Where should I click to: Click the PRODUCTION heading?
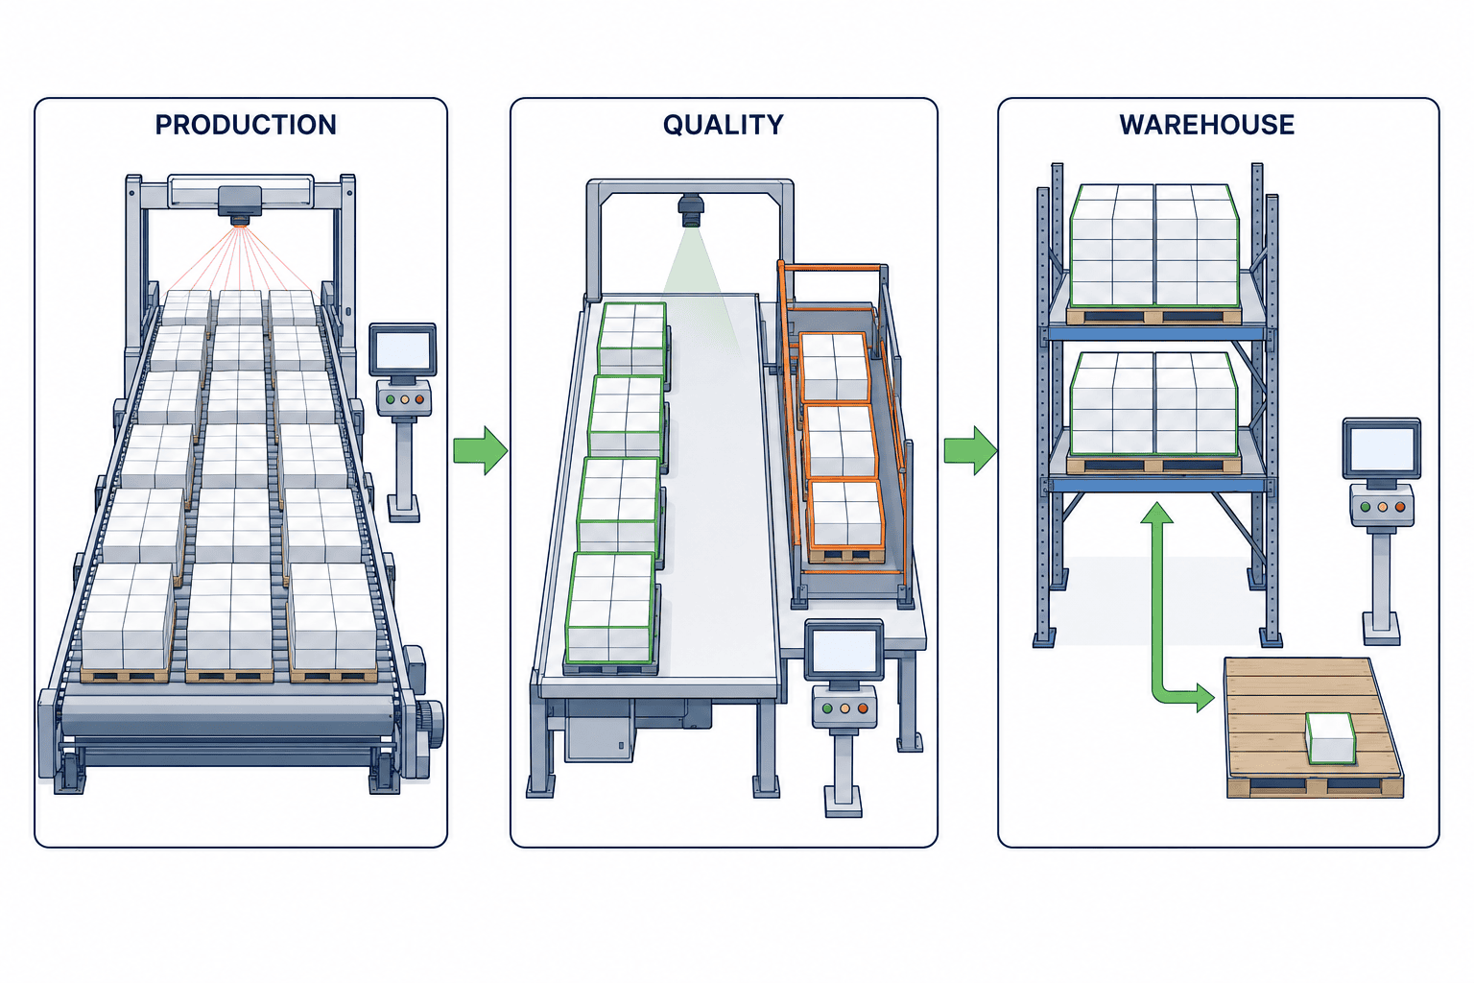246,125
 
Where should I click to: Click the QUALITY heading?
724,125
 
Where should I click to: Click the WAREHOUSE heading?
1207,125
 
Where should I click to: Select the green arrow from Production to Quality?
481,450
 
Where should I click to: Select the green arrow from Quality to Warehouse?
970,450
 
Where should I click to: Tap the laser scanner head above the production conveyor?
240,204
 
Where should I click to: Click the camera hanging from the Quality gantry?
691,210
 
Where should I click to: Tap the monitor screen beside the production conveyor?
402,349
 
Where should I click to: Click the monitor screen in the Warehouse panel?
1381,447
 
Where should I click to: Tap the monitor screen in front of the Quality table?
844,650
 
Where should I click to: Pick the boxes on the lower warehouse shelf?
1154,403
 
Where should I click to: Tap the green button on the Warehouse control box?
1364,507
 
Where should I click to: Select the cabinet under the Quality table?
600,730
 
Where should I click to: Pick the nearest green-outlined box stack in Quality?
610,608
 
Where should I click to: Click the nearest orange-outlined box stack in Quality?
846,515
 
